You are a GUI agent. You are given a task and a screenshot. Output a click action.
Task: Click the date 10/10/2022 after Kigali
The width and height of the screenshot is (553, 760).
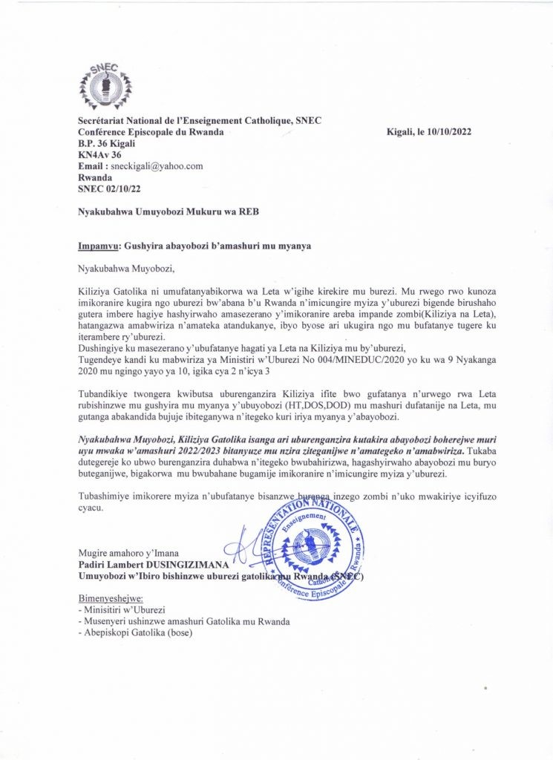448,131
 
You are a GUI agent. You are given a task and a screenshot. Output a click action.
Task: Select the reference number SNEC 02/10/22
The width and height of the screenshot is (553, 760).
108,190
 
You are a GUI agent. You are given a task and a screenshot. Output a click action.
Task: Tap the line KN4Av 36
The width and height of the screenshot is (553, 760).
101,154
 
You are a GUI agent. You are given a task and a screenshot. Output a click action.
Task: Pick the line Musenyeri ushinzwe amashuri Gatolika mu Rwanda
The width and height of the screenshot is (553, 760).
183,621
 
